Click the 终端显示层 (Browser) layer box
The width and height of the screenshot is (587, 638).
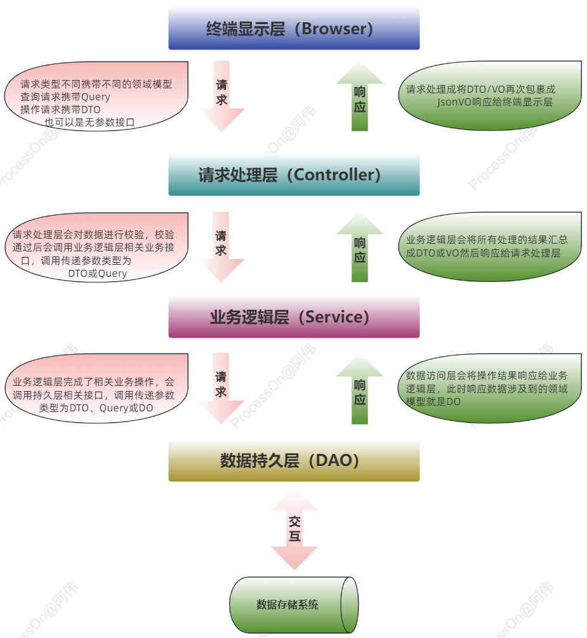coord(294,29)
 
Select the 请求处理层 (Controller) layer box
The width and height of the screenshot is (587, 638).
coord(294,175)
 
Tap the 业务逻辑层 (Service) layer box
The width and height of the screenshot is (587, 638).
coord(294,317)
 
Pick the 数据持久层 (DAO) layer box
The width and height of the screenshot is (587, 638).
coord(294,461)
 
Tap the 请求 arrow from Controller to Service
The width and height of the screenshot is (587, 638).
coord(221,245)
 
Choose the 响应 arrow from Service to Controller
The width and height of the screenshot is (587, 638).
coord(360,248)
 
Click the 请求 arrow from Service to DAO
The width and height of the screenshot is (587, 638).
coord(221,387)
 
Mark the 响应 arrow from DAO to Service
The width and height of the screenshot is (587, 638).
coord(360,390)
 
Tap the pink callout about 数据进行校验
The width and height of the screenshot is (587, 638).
coord(95,248)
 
